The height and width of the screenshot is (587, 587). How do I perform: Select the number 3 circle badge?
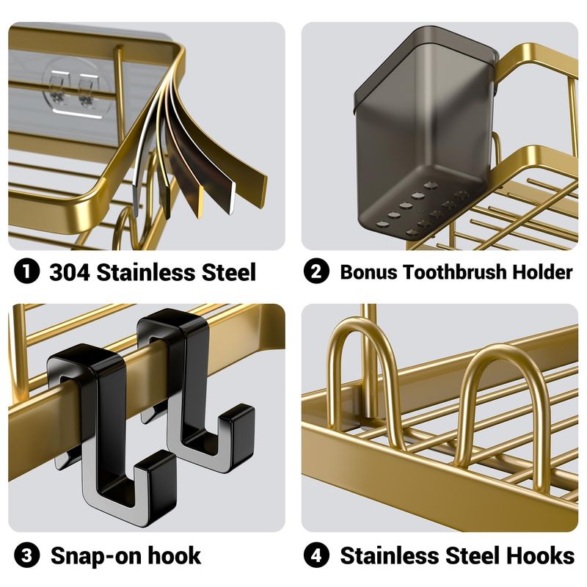[x=26, y=555]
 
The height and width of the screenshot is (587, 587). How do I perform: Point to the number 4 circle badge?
[x=316, y=555]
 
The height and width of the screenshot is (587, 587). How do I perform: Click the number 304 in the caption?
[x=70, y=271]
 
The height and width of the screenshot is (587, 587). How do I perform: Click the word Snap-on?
[x=96, y=555]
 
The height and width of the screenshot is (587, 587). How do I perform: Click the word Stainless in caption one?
[x=145, y=271]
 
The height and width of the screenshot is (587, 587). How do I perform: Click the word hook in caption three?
[x=175, y=555]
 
